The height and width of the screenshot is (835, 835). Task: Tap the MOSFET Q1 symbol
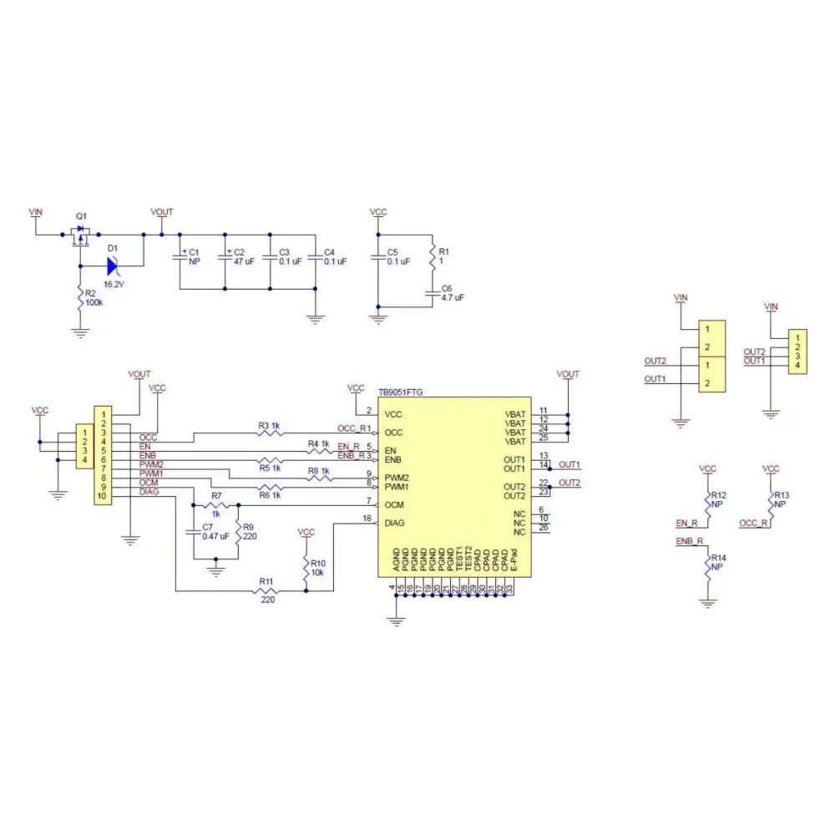tap(81, 235)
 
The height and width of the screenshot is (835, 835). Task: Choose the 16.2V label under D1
tap(114, 284)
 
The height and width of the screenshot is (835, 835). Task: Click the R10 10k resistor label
tap(316, 568)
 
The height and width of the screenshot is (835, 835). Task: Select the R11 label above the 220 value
tap(266, 580)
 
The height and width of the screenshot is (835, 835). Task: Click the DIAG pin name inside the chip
tap(395, 524)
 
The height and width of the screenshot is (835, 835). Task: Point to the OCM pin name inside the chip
tap(394, 505)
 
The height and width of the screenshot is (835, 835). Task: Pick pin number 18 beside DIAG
tap(367, 519)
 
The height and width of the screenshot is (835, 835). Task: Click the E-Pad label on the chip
tap(514, 559)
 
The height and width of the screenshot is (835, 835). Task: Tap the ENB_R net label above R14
tap(690, 542)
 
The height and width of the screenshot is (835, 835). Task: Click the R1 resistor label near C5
tap(443, 251)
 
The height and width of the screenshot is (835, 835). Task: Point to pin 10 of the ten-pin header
tap(102, 497)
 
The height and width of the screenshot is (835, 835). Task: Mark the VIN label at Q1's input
tap(35, 212)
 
